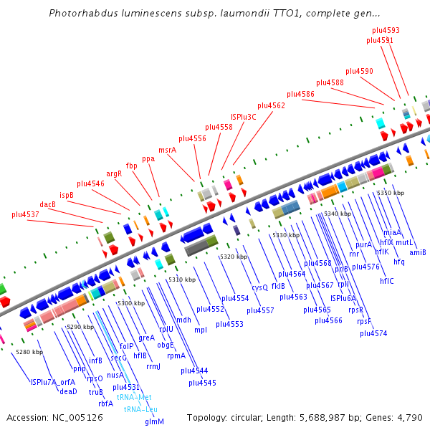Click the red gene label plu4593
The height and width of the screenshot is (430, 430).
pos(386,31)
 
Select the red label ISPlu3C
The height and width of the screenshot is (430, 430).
pos(244,116)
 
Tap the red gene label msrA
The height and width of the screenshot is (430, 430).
pos(167,150)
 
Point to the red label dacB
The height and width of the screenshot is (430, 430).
pos(48,204)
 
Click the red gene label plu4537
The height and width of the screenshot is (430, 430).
pos(26,214)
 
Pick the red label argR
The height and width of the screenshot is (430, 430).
pos(114,173)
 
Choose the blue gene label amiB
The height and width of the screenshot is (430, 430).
pos(418,252)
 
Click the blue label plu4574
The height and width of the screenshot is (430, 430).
pos(373,333)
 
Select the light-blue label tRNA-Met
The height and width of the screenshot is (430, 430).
pos(134,397)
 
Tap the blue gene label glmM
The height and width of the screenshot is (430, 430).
pos(154,421)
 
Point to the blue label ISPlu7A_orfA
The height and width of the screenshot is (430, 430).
pos(52,382)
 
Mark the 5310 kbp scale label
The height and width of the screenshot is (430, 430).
pos(182,279)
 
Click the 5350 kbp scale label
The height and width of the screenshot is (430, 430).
pos(391,193)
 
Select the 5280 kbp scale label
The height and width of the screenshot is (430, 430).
pos(29,352)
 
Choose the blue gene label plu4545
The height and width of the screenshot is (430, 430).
pos(202,383)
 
